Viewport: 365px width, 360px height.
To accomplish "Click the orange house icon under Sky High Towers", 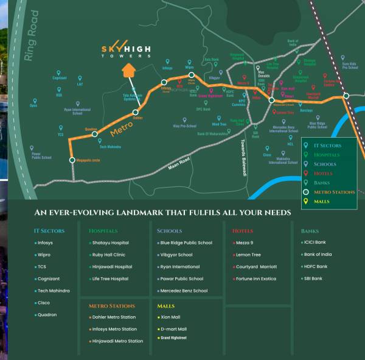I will (x=129, y=71).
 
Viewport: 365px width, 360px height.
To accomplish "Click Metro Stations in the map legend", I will (x=333, y=192).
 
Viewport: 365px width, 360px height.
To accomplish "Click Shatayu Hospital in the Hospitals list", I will (x=111, y=242).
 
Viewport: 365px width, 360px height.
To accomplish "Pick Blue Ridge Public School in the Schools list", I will (x=186, y=242).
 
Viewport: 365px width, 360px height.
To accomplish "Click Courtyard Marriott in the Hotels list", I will (x=256, y=266).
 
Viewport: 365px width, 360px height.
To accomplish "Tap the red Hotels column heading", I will (x=243, y=231).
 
